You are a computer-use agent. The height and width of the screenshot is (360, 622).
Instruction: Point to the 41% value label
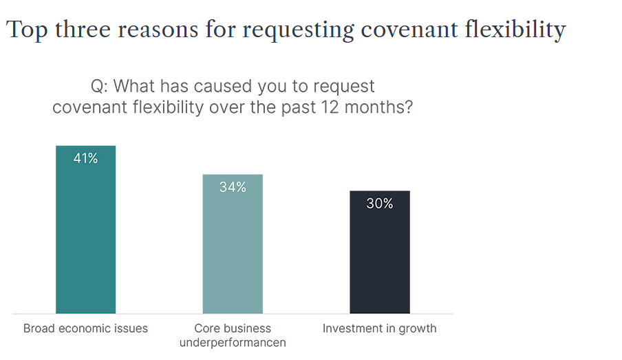(85, 159)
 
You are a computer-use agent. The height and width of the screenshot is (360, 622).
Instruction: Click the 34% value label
(233, 187)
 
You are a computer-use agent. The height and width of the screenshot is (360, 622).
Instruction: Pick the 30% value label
(380, 204)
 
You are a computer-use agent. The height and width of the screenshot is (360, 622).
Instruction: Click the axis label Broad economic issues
(85, 328)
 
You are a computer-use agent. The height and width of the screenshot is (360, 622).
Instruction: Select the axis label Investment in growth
(380, 328)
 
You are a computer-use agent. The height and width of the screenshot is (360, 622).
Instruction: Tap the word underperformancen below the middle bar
(233, 342)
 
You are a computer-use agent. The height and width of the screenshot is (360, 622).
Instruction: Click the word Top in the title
(25, 30)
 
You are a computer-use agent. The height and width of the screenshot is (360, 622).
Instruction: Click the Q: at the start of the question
(99, 87)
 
